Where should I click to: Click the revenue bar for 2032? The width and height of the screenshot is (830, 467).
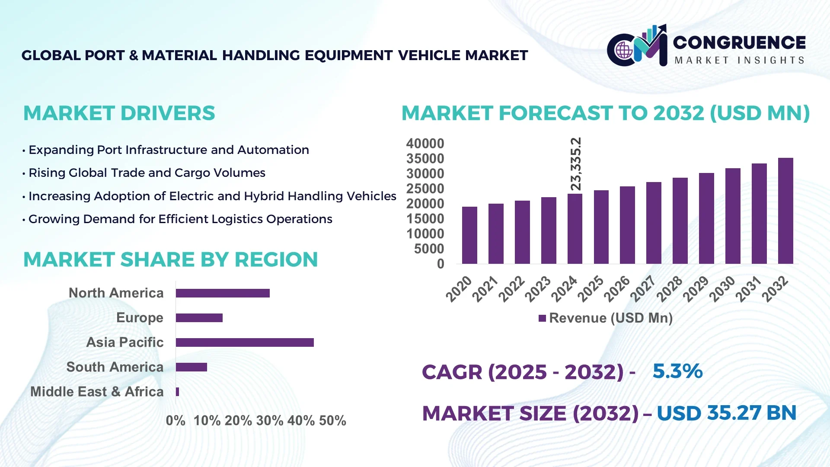click(785, 211)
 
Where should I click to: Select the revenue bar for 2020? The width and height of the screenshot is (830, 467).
click(469, 235)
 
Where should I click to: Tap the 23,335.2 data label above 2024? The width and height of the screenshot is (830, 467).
click(576, 164)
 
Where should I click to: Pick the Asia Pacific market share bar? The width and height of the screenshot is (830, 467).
click(245, 342)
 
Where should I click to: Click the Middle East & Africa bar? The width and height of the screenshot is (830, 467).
click(178, 392)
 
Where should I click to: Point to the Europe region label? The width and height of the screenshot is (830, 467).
click(140, 318)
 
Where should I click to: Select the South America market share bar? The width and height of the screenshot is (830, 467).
click(192, 367)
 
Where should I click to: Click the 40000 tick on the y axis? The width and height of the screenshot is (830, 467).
click(425, 144)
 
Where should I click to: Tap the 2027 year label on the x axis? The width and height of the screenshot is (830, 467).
click(643, 289)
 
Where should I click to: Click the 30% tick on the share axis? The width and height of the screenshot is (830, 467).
click(270, 420)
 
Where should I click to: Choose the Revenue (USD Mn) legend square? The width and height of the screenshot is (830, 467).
click(542, 318)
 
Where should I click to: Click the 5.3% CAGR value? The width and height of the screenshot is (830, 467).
click(677, 371)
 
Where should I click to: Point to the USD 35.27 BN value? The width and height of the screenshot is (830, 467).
click(726, 413)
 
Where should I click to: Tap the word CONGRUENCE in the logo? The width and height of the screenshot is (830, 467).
click(739, 42)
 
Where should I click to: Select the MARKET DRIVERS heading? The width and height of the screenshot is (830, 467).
click(119, 113)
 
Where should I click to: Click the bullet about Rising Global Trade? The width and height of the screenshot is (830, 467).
click(147, 173)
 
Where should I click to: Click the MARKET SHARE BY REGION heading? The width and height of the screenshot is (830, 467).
click(170, 260)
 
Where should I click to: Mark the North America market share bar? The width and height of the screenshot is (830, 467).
click(223, 293)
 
